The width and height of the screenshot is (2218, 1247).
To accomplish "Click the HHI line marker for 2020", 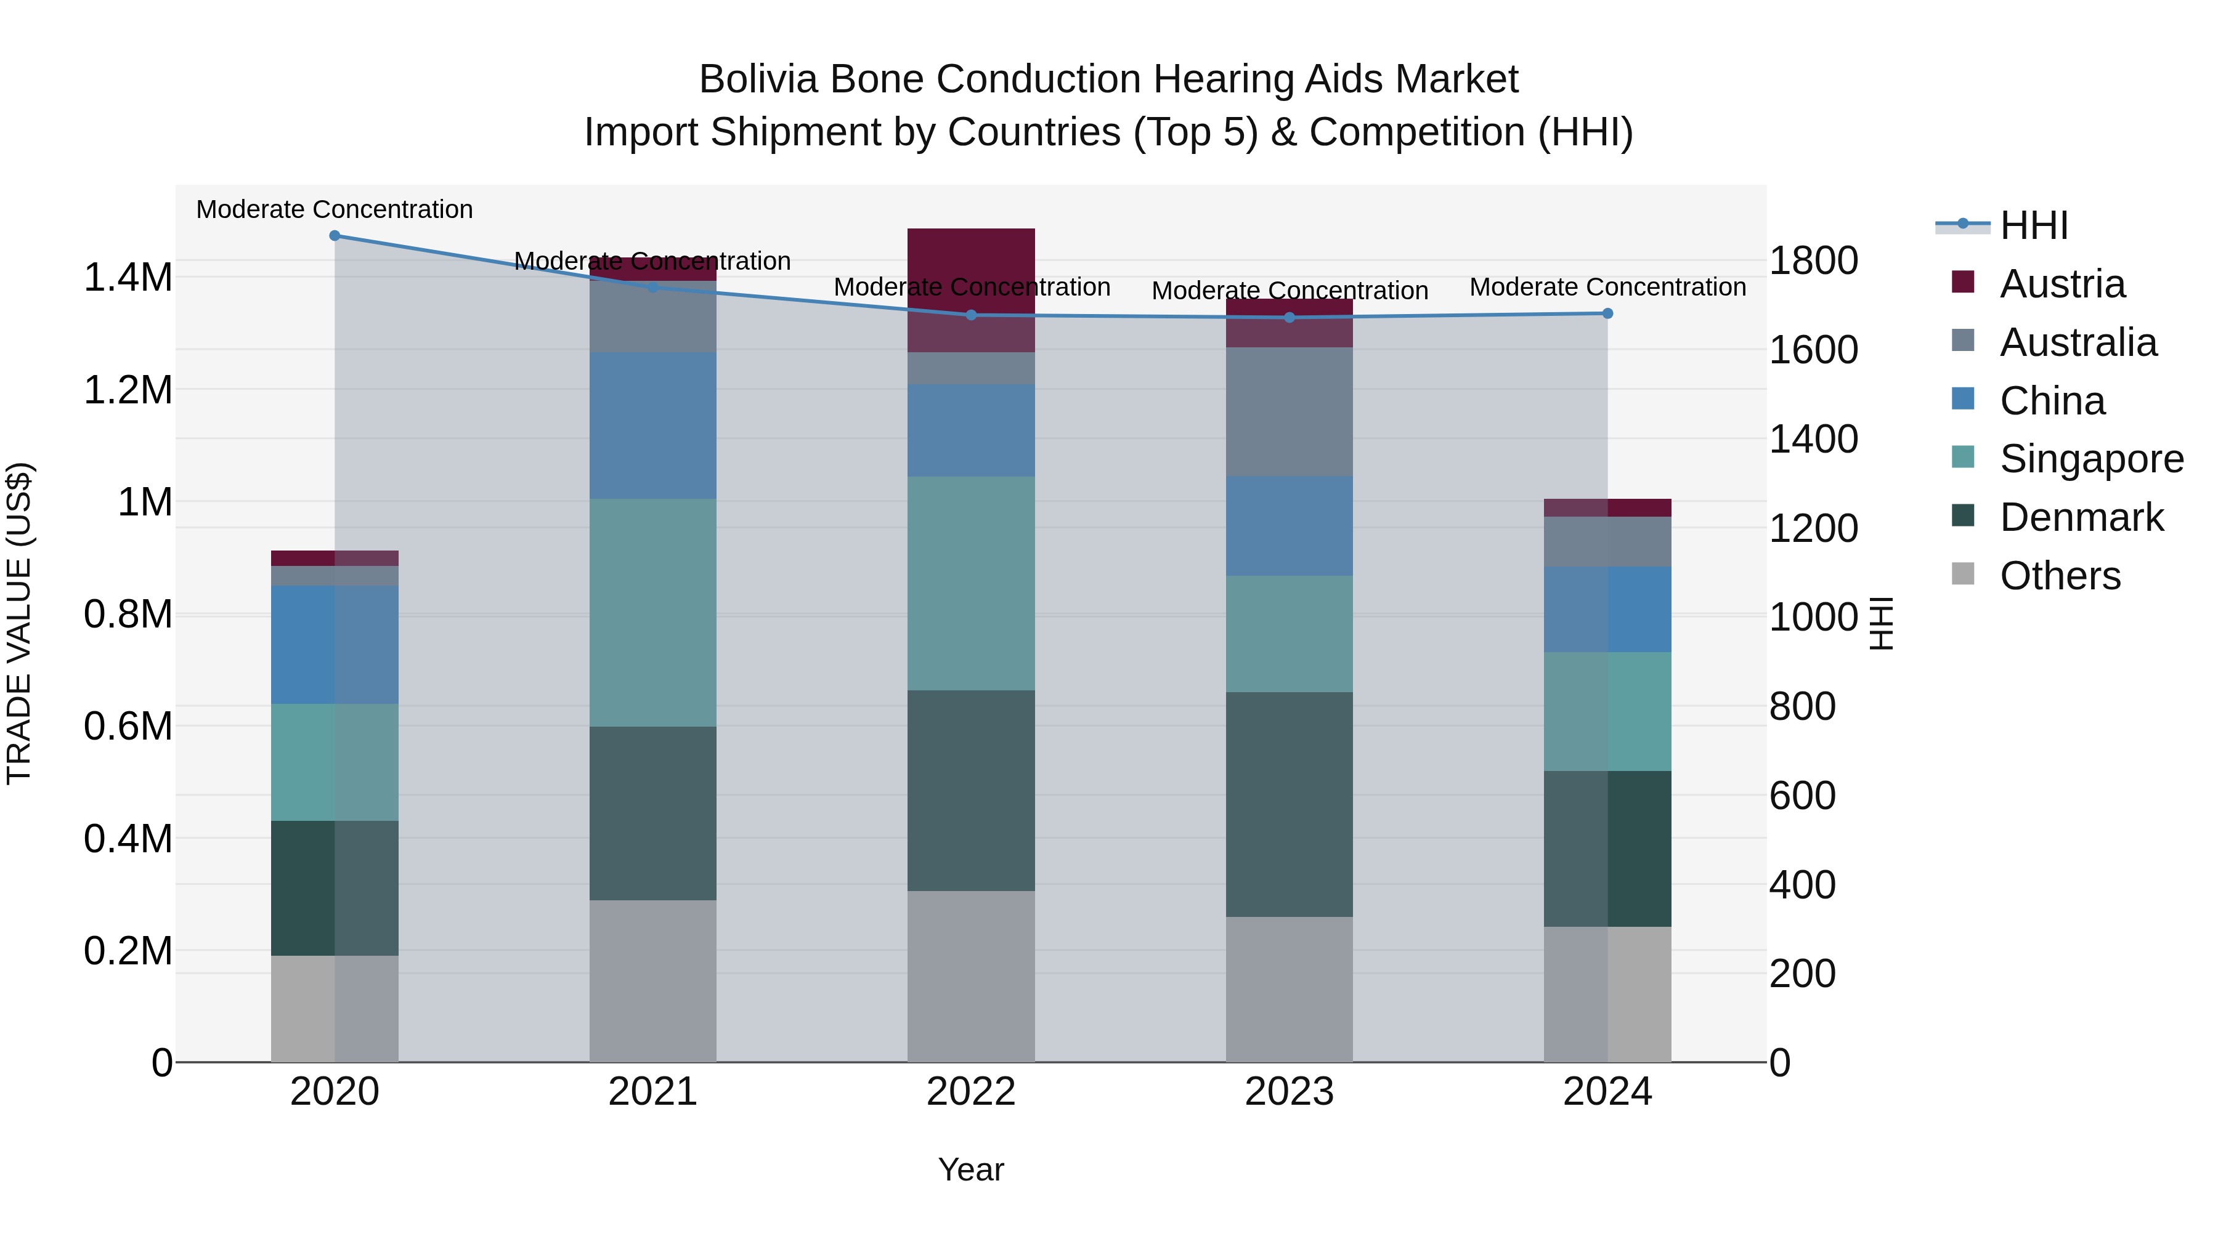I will pos(335,236).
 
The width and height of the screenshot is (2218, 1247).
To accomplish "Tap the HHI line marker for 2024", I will pos(1607,314).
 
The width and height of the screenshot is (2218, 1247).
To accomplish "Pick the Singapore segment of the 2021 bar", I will pos(652,613).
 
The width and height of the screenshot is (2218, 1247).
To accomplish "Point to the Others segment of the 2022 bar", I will pos(970,976).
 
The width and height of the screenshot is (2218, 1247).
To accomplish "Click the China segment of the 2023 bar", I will pos(1289,526).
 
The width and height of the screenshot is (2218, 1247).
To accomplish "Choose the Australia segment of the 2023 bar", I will pos(1289,411).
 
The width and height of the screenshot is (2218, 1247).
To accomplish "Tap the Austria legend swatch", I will pos(1963,282).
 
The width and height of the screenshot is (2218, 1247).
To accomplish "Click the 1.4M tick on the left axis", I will pos(128,278).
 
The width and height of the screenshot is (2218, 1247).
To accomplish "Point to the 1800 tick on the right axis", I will pos(1813,260).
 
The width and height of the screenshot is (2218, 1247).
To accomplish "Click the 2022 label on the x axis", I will pos(970,1091).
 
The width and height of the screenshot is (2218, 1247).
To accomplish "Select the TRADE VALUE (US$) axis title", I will pos(19,623).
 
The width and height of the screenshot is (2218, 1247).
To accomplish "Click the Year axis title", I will pos(970,1169).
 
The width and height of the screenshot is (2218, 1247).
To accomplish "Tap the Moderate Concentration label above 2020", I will pos(335,209).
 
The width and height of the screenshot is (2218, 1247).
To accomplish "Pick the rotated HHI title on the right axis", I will pos(1882,623).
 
